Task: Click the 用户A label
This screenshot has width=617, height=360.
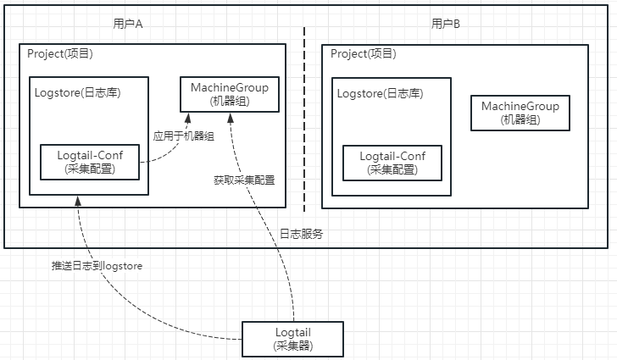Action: click(128, 24)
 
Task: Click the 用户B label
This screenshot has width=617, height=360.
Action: click(446, 24)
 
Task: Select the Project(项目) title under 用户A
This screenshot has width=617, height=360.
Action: click(60, 53)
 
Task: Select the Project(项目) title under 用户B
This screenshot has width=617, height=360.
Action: click(363, 53)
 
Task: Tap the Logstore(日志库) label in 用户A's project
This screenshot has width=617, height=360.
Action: click(77, 92)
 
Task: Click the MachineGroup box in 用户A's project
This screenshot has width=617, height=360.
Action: click(229, 93)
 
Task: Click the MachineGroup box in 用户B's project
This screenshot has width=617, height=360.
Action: click(520, 113)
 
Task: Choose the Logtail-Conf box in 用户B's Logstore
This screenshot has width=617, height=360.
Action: click(392, 162)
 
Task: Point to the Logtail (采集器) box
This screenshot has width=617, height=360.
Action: click(293, 339)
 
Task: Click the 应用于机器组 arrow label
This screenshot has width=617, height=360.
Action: click(183, 135)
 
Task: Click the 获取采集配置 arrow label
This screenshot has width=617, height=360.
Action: click(245, 180)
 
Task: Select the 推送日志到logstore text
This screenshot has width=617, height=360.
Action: click(97, 265)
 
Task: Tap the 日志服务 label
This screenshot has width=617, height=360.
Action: click(301, 234)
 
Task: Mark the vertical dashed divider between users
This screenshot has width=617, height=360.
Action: click(305, 119)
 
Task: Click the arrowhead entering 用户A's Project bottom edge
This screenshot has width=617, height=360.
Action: click(78, 200)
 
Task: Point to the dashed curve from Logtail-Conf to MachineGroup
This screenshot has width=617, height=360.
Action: click(170, 153)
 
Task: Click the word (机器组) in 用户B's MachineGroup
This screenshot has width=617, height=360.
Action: click(520, 119)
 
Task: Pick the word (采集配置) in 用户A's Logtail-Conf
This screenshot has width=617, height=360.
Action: click(90, 169)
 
